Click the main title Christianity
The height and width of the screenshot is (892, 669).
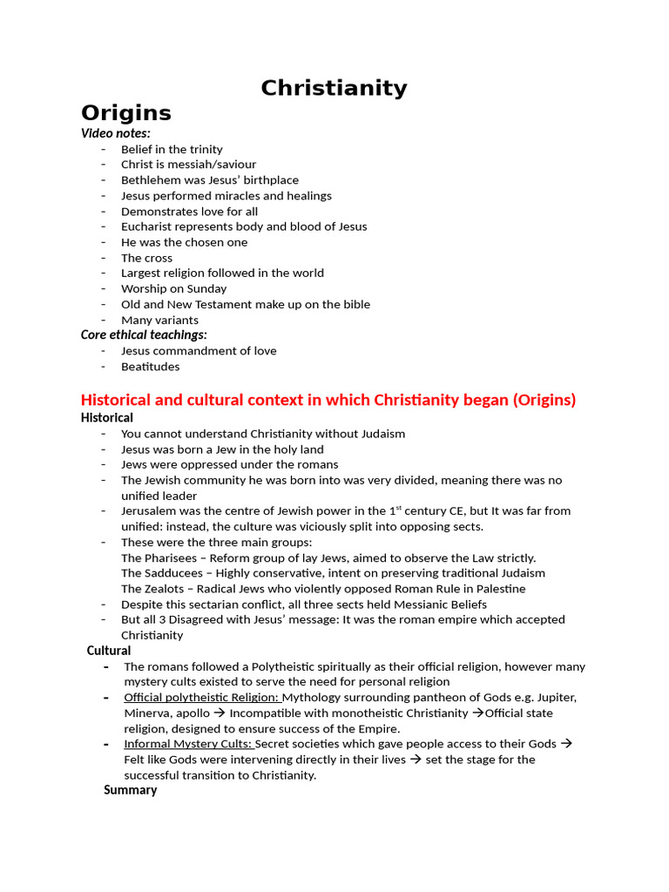point(334,88)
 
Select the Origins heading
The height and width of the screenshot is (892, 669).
point(125,113)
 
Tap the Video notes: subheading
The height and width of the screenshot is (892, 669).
point(115,133)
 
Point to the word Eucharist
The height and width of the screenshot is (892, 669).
point(148,226)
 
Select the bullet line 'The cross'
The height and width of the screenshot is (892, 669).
point(146,258)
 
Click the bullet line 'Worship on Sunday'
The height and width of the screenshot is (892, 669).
point(173,288)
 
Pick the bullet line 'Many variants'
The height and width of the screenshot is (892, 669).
point(159,320)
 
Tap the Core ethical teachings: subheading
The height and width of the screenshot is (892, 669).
point(144,334)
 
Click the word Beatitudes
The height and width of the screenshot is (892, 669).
point(150,367)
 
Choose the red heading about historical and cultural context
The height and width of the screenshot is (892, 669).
point(328,400)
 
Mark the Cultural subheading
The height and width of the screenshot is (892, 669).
point(109,651)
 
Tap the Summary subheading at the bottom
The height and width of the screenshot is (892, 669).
point(131,790)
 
